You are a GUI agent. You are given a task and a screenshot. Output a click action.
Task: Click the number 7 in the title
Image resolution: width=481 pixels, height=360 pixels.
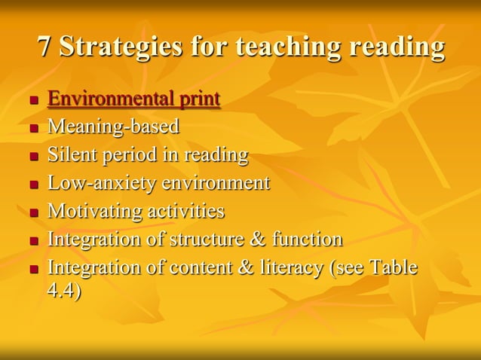click(46, 47)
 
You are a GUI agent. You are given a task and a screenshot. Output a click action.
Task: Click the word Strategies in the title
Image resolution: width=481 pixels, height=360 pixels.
click(121, 47)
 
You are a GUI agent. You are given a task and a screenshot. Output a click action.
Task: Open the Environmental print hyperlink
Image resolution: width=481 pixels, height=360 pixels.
click(134, 99)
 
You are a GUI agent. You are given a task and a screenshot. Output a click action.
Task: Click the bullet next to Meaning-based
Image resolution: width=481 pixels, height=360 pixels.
click(33, 129)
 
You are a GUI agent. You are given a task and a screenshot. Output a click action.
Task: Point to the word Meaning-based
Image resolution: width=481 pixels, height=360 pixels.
click(113, 127)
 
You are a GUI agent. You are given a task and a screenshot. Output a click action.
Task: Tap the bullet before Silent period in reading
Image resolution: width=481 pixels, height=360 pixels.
click(33, 157)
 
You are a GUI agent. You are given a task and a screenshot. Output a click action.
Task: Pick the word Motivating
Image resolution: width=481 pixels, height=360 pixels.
click(93, 211)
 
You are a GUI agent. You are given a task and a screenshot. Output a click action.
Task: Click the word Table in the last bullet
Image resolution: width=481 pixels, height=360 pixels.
click(393, 267)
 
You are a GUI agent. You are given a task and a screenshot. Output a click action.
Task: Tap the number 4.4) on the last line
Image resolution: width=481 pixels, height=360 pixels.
click(64, 291)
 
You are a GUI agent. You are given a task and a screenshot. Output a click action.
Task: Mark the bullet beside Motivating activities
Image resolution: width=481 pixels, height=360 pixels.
click(33, 213)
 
